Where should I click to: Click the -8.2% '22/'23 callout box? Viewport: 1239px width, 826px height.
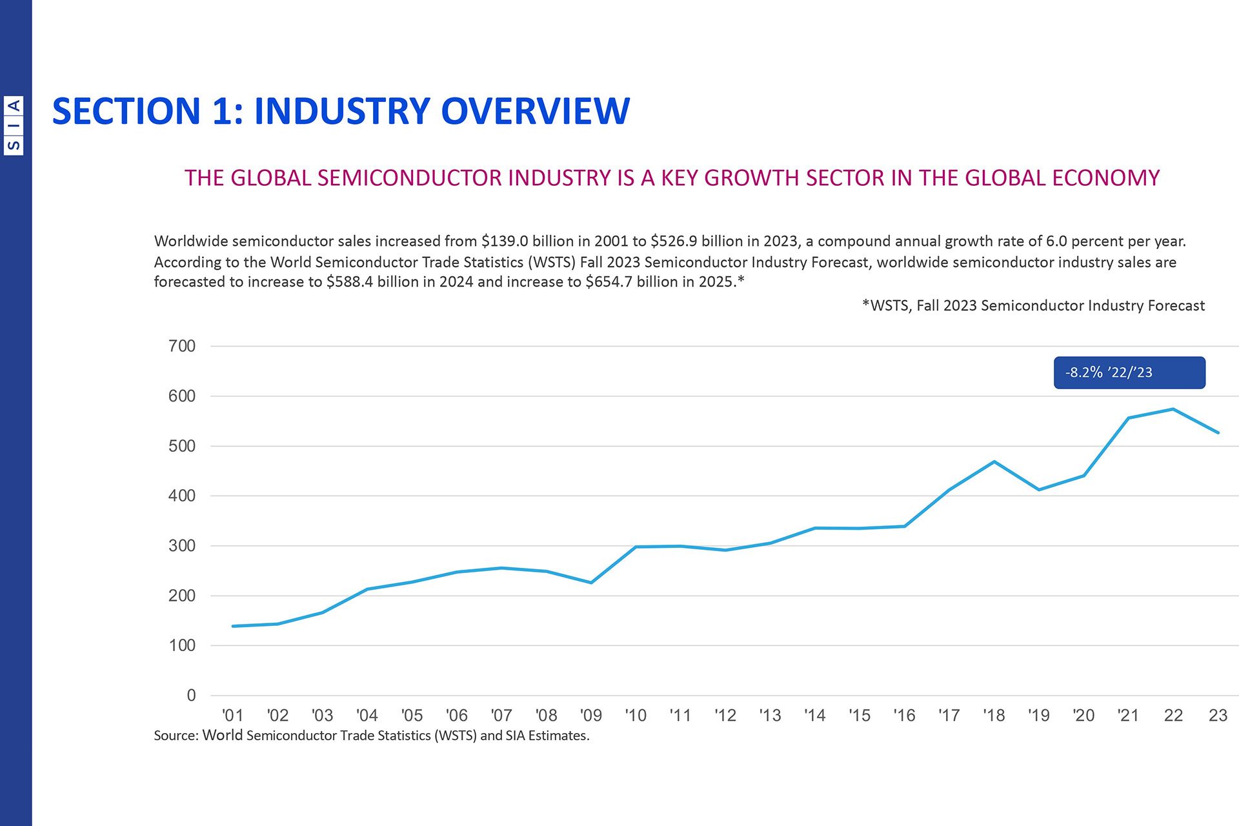point(1129,372)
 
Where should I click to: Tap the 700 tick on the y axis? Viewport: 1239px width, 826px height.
point(182,346)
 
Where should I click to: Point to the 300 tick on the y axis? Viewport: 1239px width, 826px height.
point(182,545)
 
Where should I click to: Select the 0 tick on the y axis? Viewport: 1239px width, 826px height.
point(191,695)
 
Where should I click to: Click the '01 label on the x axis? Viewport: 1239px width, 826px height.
point(232,715)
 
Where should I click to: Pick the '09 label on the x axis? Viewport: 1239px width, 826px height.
point(590,715)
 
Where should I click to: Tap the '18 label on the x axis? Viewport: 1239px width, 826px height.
point(994,715)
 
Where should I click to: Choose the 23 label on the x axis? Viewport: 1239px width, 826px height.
point(1218,715)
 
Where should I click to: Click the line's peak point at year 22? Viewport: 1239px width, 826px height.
point(1173,409)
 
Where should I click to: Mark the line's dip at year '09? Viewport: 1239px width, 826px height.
point(591,583)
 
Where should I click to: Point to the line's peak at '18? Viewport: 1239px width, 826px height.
point(994,461)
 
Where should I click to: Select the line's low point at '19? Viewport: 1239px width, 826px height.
point(1039,490)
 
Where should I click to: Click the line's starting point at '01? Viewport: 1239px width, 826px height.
point(233,626)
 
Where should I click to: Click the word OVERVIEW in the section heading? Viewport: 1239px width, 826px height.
point(535,111)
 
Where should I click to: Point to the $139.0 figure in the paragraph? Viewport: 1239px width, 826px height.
point(504,241)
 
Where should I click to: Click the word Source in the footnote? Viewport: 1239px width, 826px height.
point(174,736)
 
